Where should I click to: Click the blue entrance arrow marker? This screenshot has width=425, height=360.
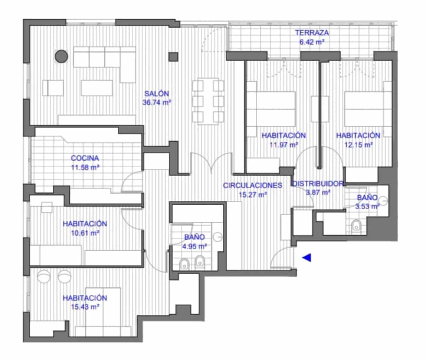[307, 257]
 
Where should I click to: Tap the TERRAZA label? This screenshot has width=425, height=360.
[312, 32]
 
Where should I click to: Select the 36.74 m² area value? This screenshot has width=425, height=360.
[157, 103]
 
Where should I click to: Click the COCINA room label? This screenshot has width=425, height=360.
[85, 158]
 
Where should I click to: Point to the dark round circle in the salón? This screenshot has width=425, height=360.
[61, 56]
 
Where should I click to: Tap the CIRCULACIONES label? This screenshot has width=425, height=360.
[253, 185]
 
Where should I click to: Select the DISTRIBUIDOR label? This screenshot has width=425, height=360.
[318, 184]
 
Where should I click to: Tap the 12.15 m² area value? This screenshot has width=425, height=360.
[358, 145]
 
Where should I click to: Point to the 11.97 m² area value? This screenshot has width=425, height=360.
[283, 145]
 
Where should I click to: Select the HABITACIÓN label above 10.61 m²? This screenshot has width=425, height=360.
[85, 223]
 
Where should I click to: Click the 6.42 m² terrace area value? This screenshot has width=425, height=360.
[312, 42]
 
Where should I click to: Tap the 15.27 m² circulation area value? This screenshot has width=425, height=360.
[253, 195]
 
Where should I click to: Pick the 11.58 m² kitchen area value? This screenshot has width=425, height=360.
[85, 167]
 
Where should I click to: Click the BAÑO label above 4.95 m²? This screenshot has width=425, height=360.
[194, 237]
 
